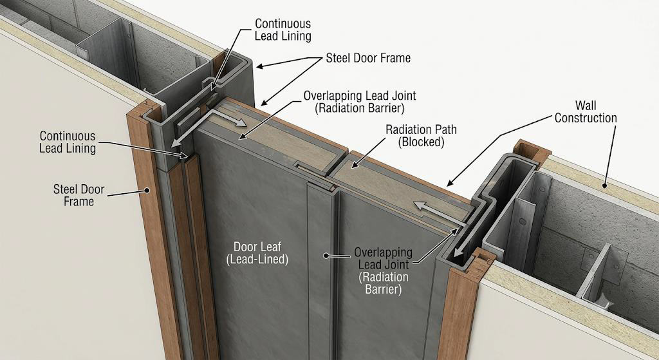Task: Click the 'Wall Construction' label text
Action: point(586,111)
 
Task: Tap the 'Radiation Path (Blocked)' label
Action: point(421,135)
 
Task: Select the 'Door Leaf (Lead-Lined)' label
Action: point(257,252)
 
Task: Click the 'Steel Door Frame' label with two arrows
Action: point(368,58)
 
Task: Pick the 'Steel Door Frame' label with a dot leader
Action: point(79,195)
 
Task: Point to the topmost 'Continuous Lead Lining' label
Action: point(283,30)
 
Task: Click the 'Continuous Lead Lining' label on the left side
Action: point(68,142)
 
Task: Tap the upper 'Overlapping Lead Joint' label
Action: point(360,101)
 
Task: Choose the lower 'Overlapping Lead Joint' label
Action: point(383,270)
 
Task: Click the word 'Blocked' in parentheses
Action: point(421,142)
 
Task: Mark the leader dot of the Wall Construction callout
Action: point(605,185)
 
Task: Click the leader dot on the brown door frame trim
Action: point(147,190)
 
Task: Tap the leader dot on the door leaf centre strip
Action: point(324,255)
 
